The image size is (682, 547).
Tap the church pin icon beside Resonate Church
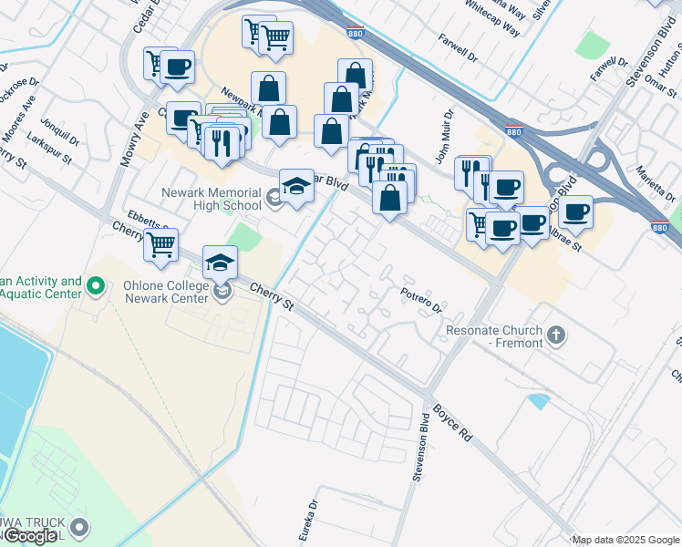point(557,336)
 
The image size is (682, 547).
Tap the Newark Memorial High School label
point(211,199)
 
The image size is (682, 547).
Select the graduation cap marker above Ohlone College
point(220,263)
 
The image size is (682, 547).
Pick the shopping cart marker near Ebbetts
point(160,244)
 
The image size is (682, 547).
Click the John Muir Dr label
point(444,137)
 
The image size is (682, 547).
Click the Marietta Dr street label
point(654,163)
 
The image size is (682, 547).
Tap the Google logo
point(30,536)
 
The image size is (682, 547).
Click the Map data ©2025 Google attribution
point(625,540)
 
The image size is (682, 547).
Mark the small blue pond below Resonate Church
point(539,400)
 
